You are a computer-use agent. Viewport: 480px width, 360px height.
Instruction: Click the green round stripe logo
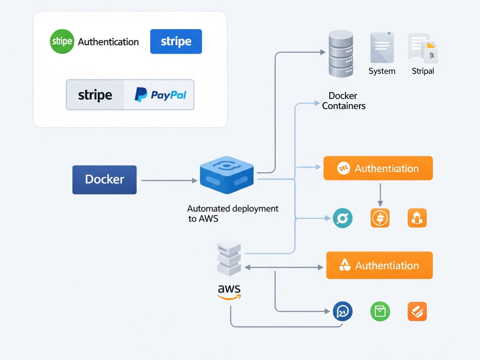click(62, 41)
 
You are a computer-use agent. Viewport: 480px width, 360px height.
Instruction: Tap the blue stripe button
click(176, 41)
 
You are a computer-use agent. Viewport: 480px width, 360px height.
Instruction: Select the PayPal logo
click(160, 95)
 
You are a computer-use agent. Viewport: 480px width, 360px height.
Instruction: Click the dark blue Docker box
click(104, 180)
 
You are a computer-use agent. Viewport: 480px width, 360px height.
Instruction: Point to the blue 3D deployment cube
click(227, 175)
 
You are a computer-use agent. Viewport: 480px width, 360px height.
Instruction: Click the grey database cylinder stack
click(341, 53)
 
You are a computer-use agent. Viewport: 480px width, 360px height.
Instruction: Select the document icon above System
click(382, 48)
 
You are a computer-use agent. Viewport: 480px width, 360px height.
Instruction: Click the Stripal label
click(423, 71)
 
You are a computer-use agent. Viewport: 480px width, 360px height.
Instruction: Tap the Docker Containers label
click(344, 101)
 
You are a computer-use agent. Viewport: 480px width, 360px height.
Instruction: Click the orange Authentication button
click(378, 168)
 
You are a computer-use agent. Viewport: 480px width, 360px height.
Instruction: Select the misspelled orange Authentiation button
click(379, 265)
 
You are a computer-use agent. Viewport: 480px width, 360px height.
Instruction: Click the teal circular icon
click(343, 218)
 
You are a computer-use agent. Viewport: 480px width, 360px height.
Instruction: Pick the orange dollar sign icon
click(380, 218)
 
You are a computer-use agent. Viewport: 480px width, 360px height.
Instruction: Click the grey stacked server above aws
click(228, 258)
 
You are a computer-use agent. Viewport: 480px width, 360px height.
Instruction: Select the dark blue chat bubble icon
click(343, 312)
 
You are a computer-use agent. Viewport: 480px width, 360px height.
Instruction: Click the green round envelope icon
click(380, 312)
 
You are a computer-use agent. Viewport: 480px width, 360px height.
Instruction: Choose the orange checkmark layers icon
click(417, 312)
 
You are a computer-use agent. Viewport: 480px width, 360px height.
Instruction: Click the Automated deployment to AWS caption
click(233, 214)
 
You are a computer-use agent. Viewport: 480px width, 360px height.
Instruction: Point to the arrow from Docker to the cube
click(169, 180)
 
